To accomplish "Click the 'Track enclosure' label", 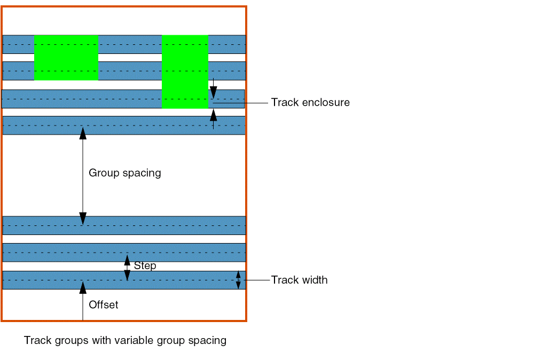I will (x=310, y=103).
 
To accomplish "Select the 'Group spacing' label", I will (x=124, y=173).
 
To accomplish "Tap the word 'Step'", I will (x=145, y=265).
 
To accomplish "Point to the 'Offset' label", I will (x=103, y=305).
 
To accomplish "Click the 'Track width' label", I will (x=299, y=280).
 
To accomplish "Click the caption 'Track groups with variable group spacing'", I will (x=125, y=340).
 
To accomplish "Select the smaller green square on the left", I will (x=66, y=58).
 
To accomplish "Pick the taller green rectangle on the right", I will (x=185, y=72).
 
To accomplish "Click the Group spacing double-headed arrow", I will (x=83, y=176).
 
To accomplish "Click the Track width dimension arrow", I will (x=238, y=280).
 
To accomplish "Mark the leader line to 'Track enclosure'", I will (x=240, y=103).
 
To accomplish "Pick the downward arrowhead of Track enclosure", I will (x=213, y=92).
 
